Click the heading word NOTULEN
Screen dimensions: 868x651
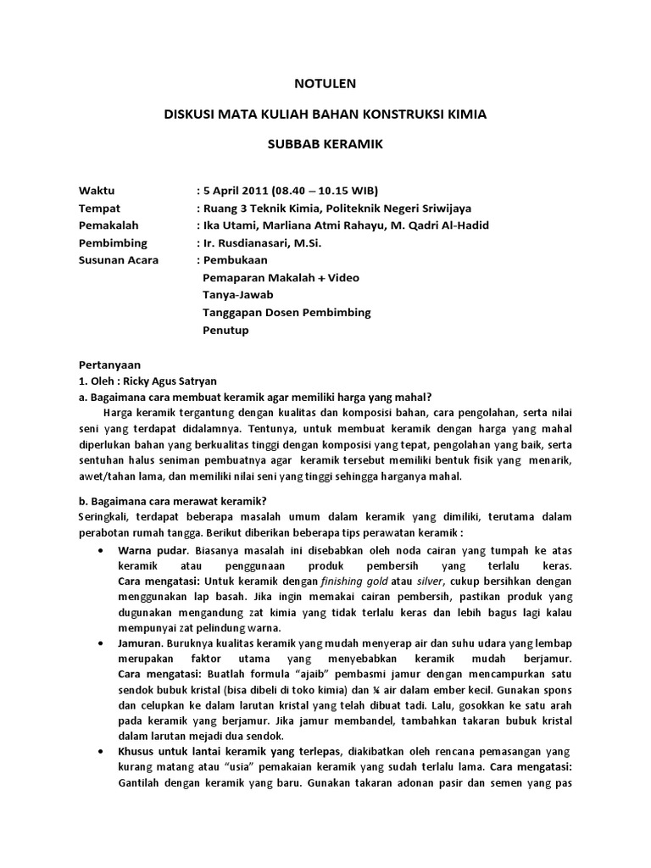pos(325,83)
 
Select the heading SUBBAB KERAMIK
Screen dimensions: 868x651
pos(325,144)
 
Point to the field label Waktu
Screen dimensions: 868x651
pos(96,190)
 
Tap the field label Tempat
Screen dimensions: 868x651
pos(99,209)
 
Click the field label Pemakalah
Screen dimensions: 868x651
pos(108,225)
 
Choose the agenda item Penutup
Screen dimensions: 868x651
pos(225,330)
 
